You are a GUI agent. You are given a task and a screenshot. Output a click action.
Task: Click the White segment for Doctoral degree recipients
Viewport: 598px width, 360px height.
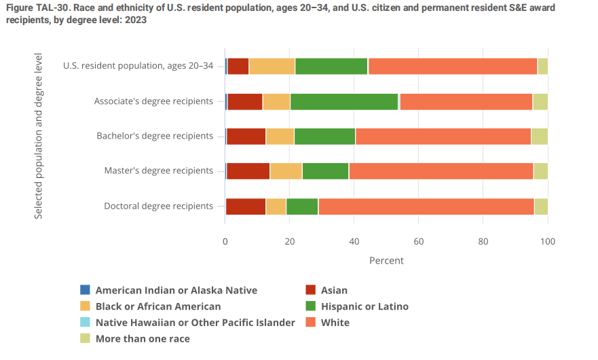[x=426, y=206]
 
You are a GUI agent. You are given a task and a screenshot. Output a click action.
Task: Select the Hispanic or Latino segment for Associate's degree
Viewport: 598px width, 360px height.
[x=344, y=102]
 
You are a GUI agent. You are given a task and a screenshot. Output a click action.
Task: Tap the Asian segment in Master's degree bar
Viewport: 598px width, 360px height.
[x=248, y=171]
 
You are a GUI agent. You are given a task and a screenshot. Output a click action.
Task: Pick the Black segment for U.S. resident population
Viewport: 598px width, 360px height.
[x=272, y=67]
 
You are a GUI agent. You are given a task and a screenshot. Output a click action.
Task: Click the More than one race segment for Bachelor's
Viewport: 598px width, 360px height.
[x=539, y=136]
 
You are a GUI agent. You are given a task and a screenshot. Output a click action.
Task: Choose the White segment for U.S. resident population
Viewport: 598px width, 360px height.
[x=452, y=67]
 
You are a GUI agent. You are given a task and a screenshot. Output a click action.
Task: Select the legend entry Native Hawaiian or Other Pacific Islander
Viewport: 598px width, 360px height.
[x=195, y=323]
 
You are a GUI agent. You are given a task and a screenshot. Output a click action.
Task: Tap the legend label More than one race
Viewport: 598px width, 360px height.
[x=143, y=338]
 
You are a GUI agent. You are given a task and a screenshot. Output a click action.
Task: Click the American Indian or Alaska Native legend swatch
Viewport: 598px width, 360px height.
[x=85, y=290]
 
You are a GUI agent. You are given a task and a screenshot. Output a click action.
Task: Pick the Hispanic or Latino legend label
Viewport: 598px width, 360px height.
[x=365, y=306]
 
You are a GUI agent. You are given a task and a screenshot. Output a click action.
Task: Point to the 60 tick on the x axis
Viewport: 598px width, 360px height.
[x=419, y=240]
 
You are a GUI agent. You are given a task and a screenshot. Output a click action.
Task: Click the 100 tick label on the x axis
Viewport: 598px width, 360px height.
[x=547, y=240]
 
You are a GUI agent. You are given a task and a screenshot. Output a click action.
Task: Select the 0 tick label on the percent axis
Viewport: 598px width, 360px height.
[x=225, y=240]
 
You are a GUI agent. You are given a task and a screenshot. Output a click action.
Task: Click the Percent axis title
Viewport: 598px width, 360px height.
[x=386, y=261]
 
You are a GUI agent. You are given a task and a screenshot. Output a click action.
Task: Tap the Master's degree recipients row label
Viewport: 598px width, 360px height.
[x=159, y=170]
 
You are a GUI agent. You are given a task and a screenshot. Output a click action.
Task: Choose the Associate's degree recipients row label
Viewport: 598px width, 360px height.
[x=154, y=101]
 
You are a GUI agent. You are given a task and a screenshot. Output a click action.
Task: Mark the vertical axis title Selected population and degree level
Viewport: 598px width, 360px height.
[x=39, y=136]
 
